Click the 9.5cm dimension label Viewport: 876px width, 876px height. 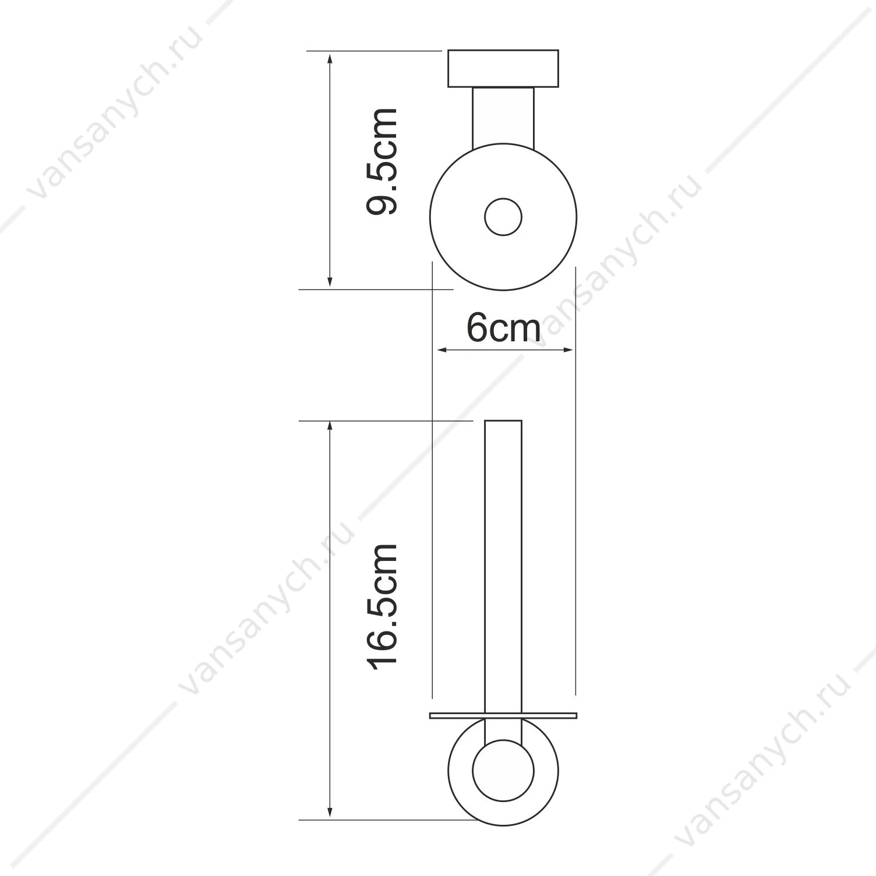click(x=382, y=161)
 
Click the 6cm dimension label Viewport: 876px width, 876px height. click(x=503, y=328)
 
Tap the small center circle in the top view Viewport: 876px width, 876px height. click(x=503, y=217)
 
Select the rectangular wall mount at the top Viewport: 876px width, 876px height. click(x=503, y=69)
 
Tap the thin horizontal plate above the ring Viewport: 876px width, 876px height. click(x=503, y=715)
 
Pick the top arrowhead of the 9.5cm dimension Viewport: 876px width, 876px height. click(x=330, y=58)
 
